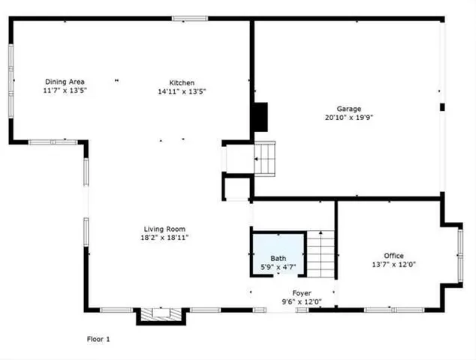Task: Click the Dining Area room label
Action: (x=65, y=82)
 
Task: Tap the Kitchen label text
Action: (x=182, y=82)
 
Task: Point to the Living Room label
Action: (x=165, y=229)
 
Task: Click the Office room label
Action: (x=393, y=256)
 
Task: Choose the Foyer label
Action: (x=302, y=293)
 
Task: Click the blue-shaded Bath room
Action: (x=278, y=255)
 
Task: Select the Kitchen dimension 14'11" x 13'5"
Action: (x=182, y=91)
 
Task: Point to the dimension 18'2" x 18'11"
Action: (x=165, y=238)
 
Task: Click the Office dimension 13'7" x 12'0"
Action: (x=393, y=265)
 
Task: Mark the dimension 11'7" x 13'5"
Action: (x=65, y=91)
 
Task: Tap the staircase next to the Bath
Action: (x=321, y=254)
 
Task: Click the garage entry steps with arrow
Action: (x=265, y=158)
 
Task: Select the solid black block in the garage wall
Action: (x=259, y=116)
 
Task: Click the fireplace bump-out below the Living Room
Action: (x=160, y=316)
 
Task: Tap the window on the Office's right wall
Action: (x=460, y=255)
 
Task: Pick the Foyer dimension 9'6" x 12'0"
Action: (x=302, y=302)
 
